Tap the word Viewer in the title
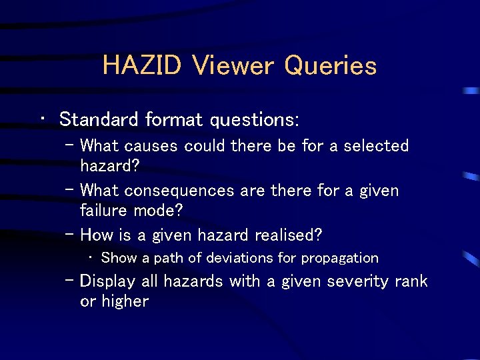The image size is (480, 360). pos(232,66)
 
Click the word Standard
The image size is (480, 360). pos(99,120)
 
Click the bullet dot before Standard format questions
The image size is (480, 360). pos(43,120)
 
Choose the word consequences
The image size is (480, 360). pos(179,191)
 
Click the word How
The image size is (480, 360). pos(95,235)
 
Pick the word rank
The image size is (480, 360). pos(411,281)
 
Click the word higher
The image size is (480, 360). pos(125,301)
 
